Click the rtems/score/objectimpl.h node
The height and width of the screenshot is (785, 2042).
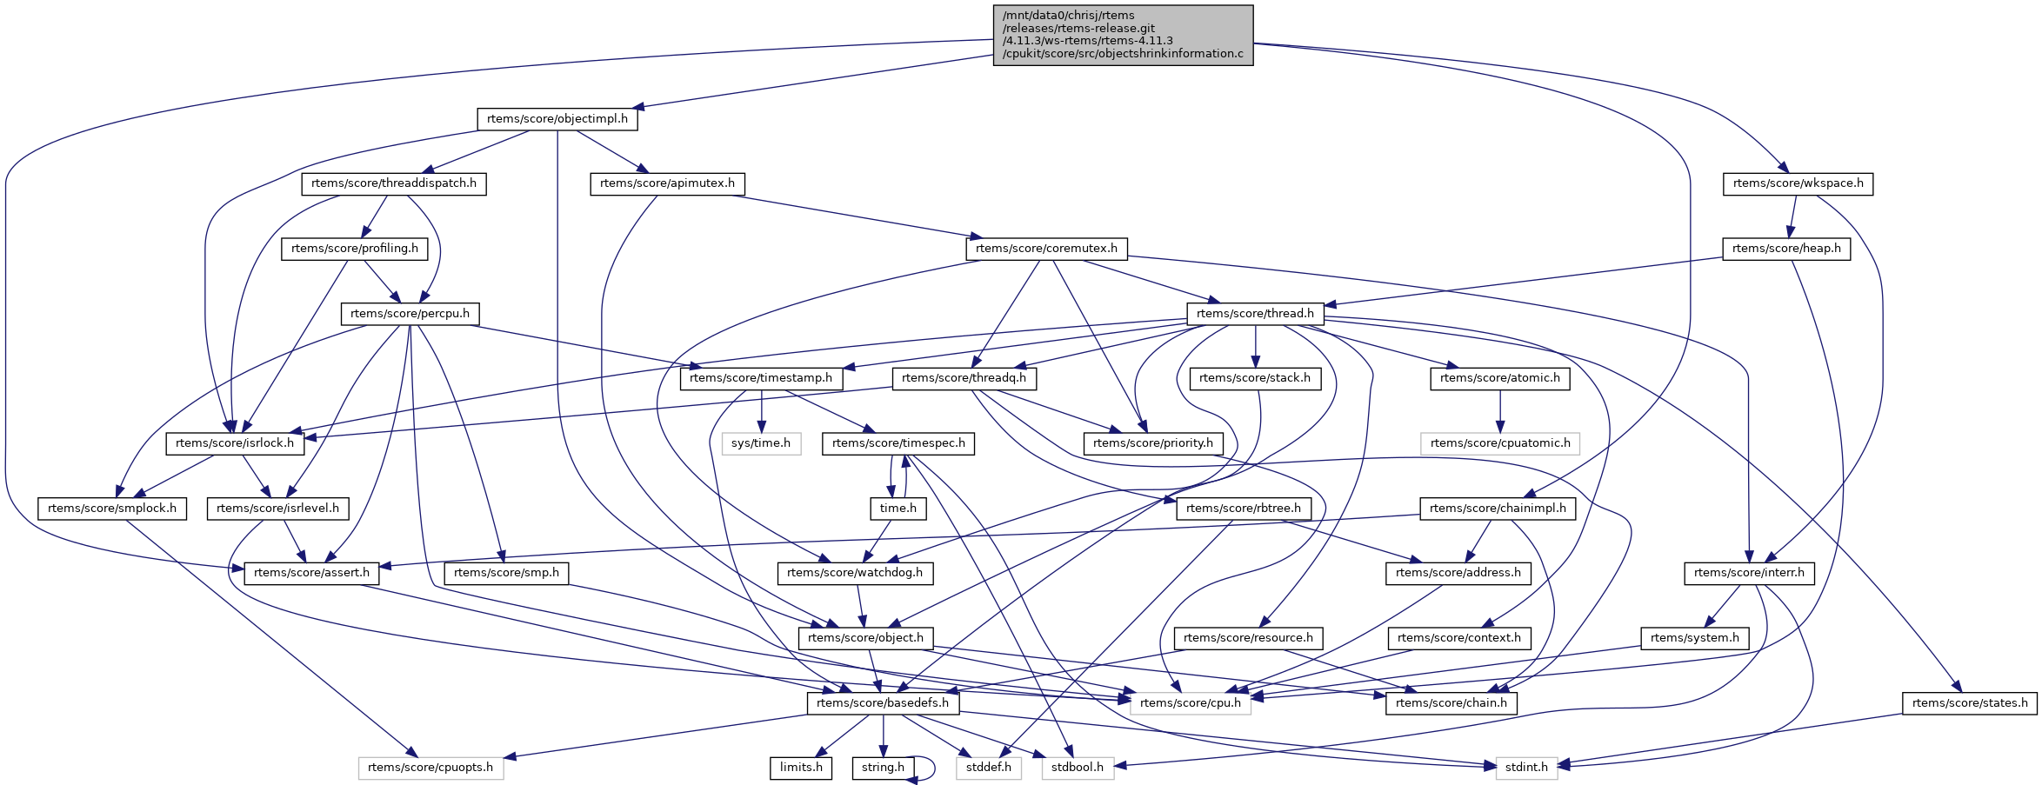[557, 119]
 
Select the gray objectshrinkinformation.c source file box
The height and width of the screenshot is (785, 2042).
[1123, 35]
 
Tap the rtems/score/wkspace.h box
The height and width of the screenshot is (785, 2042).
[1798, 183]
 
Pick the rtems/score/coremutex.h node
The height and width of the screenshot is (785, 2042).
[1046, 249]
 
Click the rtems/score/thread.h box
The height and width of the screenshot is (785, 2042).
[1255, 314]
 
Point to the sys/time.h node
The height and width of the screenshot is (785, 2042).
[761, 443]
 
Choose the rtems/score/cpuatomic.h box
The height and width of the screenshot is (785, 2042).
[1500, 443]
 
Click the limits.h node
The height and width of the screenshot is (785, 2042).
[801, 768]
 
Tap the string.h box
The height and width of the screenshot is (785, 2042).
[883, 768]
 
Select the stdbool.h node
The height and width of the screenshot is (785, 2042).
[1077, 768]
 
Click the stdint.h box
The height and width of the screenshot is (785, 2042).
[1526, 768]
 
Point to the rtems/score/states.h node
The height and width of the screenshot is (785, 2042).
[1969, 703]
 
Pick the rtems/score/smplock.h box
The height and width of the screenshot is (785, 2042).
[112, 509]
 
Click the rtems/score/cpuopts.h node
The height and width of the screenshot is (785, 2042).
[430, 768]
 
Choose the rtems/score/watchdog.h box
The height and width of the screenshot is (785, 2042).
[855, 573]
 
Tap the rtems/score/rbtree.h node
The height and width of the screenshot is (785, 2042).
[1244, 509]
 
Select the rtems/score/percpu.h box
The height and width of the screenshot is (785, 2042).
[410, 314]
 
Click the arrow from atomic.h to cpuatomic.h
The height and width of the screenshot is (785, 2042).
[1500, 410]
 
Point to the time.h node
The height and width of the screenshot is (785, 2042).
[898, 509]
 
